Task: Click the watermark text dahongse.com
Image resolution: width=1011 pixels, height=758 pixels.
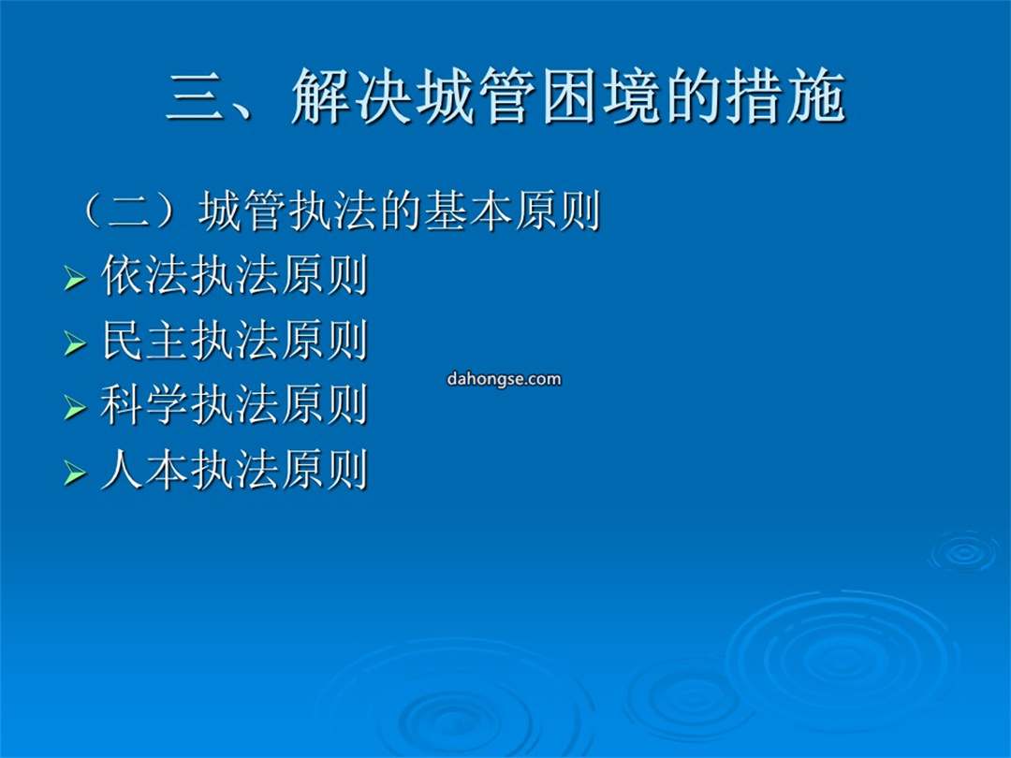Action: pos(504,379)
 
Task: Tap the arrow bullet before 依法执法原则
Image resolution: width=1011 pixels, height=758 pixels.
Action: pos(75,279)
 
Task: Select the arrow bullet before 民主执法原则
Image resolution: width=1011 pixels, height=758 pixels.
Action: pos(75,343)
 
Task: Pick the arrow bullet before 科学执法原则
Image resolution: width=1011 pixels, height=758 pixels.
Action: pos(75,408)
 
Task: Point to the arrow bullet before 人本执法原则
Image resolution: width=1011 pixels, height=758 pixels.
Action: pos(75,474)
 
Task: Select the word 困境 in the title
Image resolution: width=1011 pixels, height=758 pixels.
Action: pos(600,96)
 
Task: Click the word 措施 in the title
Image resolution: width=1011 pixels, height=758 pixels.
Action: pos(786,96)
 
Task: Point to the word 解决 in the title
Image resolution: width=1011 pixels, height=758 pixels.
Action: pos(351,96)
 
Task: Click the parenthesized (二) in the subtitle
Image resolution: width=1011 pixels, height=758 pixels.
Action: pos(129,211)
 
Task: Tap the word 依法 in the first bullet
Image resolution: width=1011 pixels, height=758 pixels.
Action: pos(145,276)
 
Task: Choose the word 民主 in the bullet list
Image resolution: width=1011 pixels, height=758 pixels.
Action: pos(145,341)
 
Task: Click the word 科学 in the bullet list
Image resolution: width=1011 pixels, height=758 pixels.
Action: pos(145,405)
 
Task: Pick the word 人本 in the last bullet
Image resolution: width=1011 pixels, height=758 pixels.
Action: pos(145,470)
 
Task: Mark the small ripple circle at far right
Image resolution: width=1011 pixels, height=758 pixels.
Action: pos(964,552)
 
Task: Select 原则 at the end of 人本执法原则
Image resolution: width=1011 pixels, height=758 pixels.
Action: pos(324,470)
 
